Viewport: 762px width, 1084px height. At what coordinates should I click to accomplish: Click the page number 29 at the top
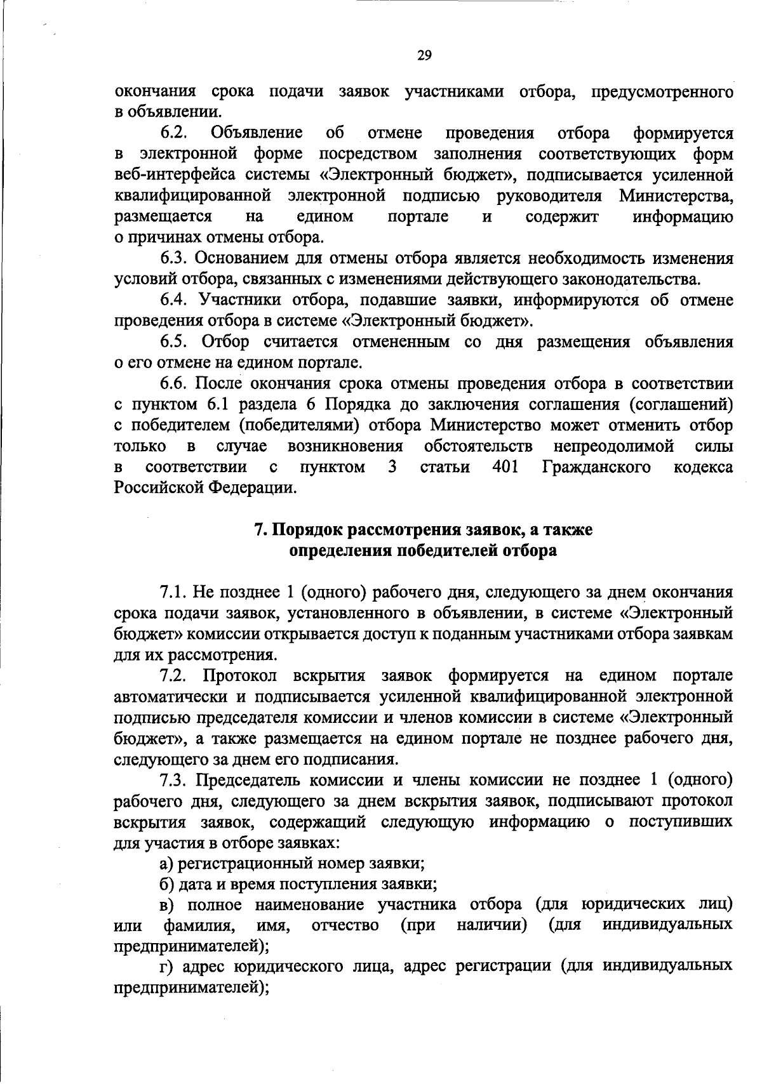pyautogui.click(x=425, y=56)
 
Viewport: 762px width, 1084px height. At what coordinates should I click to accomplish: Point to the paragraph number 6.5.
pyautogui.click(x=174, y=342)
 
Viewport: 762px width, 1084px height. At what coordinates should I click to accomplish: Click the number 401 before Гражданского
pyautogui.click(x=506, y=468)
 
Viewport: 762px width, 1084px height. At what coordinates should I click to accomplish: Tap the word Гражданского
pyautogui.click(x=597, y=468)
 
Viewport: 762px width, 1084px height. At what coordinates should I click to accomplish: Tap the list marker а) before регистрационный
pyautogui.click(x=166, y=864)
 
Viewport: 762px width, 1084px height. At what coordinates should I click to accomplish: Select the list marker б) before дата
pyautogui.click(x=166, y=884)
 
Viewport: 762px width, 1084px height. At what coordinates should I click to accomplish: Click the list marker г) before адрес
pyautogui.click(x=166, y=967)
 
